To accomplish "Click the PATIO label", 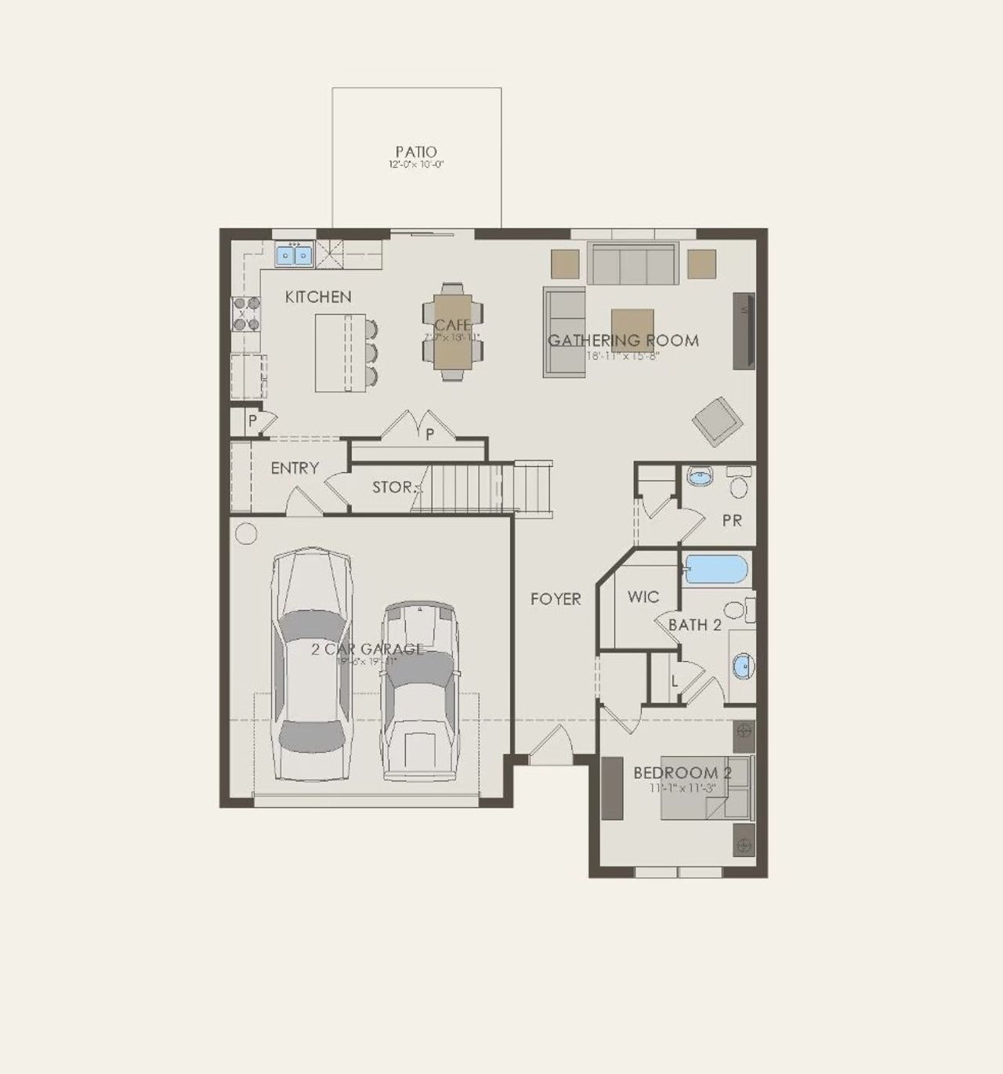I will (x=416, y=151).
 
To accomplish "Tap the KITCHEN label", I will (x=318, y=297).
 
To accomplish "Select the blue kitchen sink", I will (x=294, y=255).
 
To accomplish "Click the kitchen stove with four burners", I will (x=244, y=315).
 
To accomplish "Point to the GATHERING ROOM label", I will (x=623, y=340).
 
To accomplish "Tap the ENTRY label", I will (x=295, y=468).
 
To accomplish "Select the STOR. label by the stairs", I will (x=393, y=487).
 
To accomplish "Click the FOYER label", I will (x=556, y=599).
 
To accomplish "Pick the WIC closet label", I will (x=643, y=597).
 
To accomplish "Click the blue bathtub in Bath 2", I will (x=715, y=570).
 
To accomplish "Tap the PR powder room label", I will (x=732, y=520).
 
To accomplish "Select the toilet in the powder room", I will (x=738, y=483).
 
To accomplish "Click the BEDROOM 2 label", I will (x=683, y=773).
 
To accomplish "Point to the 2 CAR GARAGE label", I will (x=368, y=649).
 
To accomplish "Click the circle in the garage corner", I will (x=246, y=534).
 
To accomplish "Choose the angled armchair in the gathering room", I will (x=717, y=421).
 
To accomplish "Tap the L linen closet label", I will (x=675, y=681).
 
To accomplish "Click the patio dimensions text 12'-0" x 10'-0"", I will (x=416, y=165).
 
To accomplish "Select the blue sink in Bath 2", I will (x=741, y=667).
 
